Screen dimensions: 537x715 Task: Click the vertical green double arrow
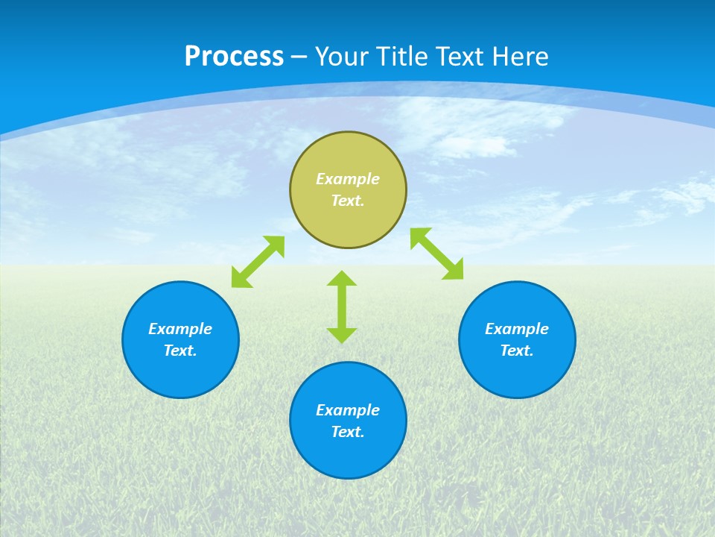(342, 307)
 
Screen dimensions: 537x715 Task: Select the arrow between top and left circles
(258, 262)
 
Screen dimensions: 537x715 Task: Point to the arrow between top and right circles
(437, 254)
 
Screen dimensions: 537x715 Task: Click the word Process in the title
(234, 57)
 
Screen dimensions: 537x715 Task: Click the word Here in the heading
(521, 57)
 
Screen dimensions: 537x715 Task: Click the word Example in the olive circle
(348, 179)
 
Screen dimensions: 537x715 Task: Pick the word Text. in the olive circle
(348, 201)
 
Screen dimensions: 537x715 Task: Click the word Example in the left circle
(180, 329)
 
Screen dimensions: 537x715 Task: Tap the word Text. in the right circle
(517, 351)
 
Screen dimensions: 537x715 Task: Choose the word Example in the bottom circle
(348, 410)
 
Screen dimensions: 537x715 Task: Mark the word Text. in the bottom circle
(348, 432)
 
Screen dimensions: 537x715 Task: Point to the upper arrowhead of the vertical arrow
(342, 278)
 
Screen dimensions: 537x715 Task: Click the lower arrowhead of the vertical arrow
(342, 335)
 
